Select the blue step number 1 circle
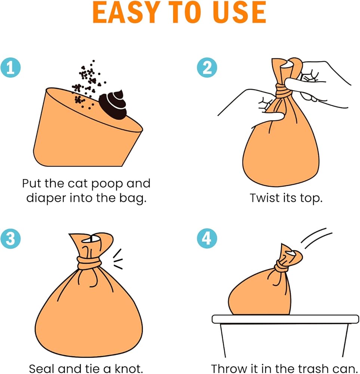coord(10,67)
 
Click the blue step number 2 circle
coord(207,67)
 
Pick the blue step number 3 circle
coord(10,239)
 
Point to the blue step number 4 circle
coord(207,239)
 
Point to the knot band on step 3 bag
coord(89,263)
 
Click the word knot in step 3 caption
coord(129,368)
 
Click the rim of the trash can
coord(285,319)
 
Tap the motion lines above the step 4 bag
coord(316,239)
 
